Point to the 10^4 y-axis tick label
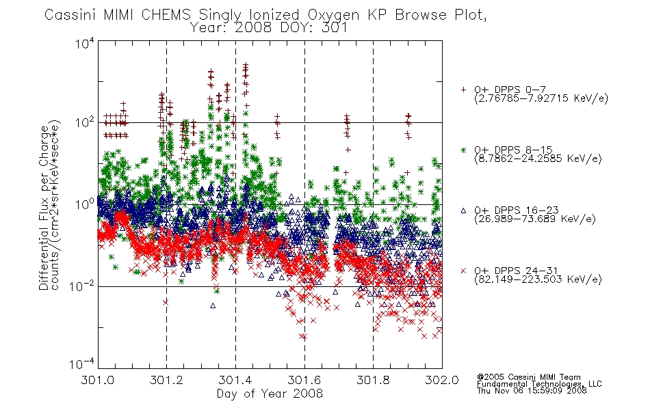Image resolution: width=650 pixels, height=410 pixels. (x=86, y=43)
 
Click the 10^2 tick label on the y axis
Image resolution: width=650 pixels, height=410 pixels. (x=86, y=123)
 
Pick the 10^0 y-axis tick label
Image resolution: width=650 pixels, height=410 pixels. (x=86, y=204)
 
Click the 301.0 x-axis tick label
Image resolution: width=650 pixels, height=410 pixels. (x=98, y=380)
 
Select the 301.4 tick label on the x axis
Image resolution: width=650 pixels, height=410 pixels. (x=235, y=380)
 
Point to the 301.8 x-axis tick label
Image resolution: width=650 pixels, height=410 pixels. (x=373, y=380)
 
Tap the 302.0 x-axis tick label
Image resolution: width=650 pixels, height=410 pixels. (x=442, y=380)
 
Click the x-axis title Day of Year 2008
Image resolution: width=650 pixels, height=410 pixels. (x=270, y=394)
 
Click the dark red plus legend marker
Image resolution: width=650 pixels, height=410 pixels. (x=463, y=90)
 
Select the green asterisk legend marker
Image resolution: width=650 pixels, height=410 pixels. (x=463, y=150)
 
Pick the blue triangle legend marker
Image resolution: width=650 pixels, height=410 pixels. (x=463, y=210)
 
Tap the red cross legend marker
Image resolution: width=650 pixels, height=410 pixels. (x=463, y=271)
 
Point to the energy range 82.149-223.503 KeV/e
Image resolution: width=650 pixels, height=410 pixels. (x=538, y=279)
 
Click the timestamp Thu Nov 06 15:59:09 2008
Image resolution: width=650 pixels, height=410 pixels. (x=532, y=391)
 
